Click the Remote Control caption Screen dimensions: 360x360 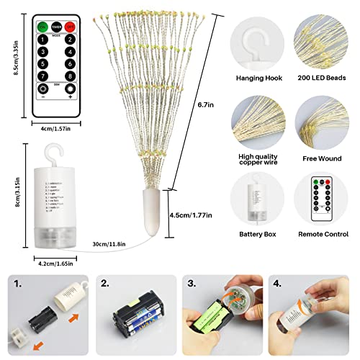pos(323,234)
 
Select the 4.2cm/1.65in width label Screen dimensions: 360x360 pos(53,264)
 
